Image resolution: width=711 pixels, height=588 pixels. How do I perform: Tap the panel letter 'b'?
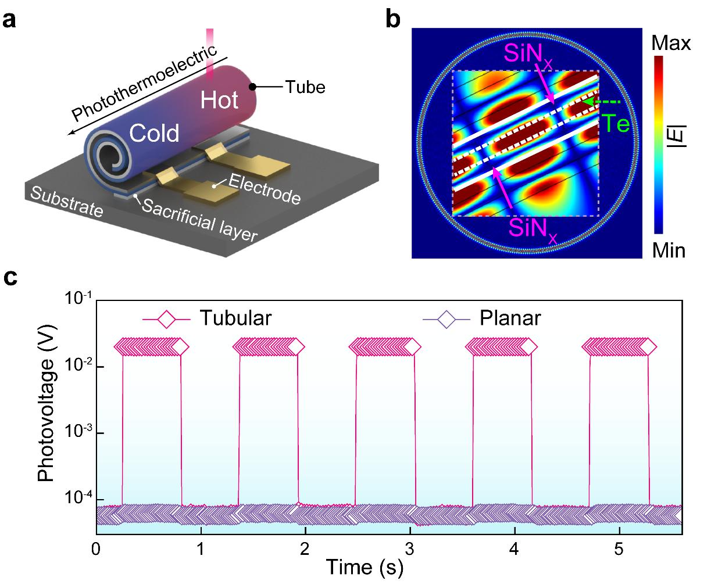394,20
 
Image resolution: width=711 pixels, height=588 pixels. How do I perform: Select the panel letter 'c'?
10,278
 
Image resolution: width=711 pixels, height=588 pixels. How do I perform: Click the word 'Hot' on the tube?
219,100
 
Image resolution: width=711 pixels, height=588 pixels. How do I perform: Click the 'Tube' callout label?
305,88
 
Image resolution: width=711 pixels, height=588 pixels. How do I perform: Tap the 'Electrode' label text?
265,188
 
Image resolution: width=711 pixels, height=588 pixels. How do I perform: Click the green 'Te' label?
615,123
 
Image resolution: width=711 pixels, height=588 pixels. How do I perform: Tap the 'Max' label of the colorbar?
671,42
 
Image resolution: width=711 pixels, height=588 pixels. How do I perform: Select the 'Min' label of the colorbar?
668,250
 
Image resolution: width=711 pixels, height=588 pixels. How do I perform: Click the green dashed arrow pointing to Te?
602,102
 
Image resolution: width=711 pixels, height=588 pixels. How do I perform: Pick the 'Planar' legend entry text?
510,318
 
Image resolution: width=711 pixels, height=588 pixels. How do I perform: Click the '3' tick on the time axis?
410,548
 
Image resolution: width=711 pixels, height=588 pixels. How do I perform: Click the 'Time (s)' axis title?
364,568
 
